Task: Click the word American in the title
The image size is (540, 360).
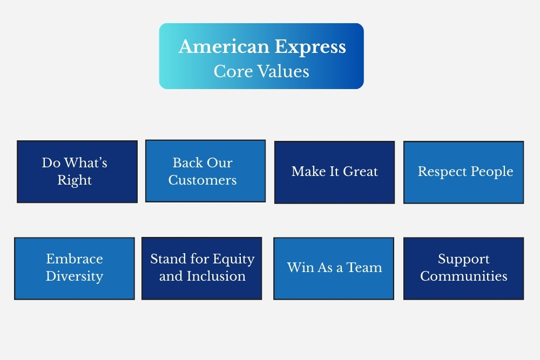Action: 224,46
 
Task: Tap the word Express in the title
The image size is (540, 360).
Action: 310,47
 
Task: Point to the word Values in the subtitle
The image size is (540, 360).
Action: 283,71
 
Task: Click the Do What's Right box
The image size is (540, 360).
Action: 77,172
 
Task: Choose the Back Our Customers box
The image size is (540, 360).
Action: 205,171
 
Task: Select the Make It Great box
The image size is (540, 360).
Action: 334,172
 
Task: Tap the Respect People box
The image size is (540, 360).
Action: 463,172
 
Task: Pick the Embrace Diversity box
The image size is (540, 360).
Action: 75,268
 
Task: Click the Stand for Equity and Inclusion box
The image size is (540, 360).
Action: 201,268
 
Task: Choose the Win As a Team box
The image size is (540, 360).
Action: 334,268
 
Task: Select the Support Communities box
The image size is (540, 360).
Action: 463,268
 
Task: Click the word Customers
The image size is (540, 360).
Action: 202,180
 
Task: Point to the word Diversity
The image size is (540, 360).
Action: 75,276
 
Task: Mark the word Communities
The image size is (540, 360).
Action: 463,276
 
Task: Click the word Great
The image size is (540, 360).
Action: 360,172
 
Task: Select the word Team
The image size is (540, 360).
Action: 364,267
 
